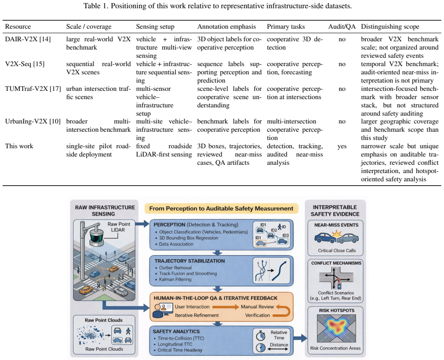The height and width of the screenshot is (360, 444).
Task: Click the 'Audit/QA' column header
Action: click(x=342, y=27)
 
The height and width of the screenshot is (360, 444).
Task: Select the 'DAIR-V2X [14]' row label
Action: click(x=28, y=39)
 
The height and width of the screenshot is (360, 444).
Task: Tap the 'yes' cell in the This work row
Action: click(x=342, y=147)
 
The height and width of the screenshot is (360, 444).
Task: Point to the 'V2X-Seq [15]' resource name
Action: click(x=25, y=64)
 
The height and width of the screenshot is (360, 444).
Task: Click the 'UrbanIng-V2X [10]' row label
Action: click(x=33, y=121)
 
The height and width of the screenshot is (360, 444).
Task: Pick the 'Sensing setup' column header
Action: click(x=155, y=27)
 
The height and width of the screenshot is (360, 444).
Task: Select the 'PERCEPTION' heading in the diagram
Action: click(x=169, y=225)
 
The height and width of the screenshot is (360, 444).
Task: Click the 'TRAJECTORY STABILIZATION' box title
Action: click(x=190, y=261)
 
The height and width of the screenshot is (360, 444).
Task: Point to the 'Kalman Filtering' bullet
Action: click(x=175, y=279)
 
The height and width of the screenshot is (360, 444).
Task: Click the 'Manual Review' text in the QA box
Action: click(x=257, y=307)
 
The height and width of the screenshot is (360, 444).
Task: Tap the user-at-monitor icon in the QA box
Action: click(x=162, y=310)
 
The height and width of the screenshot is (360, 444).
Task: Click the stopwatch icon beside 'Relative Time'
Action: click(x=260, y=335)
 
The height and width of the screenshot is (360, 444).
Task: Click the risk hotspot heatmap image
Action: click(x=337, y=329)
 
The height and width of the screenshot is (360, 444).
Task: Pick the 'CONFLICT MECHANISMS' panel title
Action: click(x=337, y=263)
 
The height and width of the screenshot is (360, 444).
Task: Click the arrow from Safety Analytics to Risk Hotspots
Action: click(x=300, y=338)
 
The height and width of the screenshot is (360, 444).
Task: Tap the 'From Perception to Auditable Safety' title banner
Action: click(x=221, y=209)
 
